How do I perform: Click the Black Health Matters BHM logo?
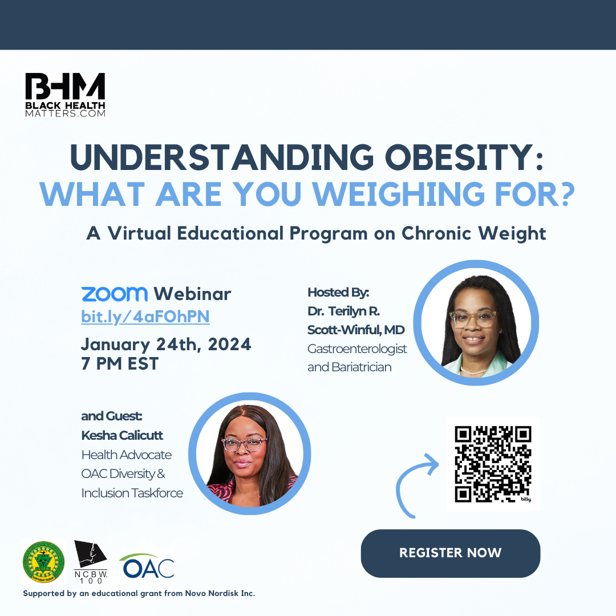(x=65, y=95)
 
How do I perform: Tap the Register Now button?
(x=450, y=553)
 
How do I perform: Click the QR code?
(x=493, y=464)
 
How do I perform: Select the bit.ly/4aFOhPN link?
(x=145, y=317)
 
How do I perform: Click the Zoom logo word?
(x=114, y=294)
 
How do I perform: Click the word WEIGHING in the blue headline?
(x=398, y=194)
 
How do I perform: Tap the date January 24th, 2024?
(x=166, y=345)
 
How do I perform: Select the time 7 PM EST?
(x=120, y=364)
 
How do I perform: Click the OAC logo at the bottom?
(x=147, y=566)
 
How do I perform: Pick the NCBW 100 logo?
(x=91, y=562)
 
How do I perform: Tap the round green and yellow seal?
(x=43, y=562)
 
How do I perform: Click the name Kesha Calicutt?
(x=122, y=435)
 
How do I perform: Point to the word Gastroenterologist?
(x=356, y=349)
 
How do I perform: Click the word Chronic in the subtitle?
(x=436, y=233)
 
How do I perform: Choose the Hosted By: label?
(x=338, y=292)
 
